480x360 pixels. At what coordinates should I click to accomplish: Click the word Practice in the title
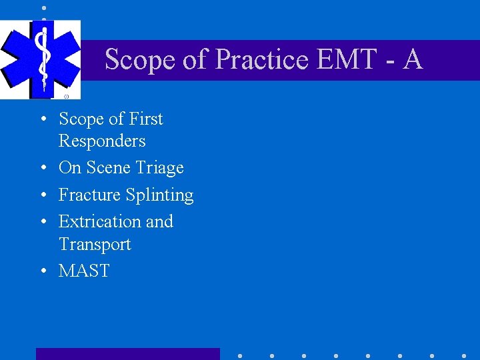point(261,59)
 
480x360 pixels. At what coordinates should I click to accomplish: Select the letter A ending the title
point(413,59)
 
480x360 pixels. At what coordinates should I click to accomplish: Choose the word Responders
point(102,141)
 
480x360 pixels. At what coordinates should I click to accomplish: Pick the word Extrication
point(97,221)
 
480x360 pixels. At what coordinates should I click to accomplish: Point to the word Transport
point(95,244)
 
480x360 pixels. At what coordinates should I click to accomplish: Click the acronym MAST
point(84,271)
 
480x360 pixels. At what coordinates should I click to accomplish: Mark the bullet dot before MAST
point(42,271)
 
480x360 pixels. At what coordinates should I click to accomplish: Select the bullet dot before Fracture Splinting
point(42,195)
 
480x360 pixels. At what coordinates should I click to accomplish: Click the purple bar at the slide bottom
point(127,354)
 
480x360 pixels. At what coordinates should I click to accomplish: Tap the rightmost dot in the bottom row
point(464,356)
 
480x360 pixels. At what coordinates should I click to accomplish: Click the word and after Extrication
point(159,221)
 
